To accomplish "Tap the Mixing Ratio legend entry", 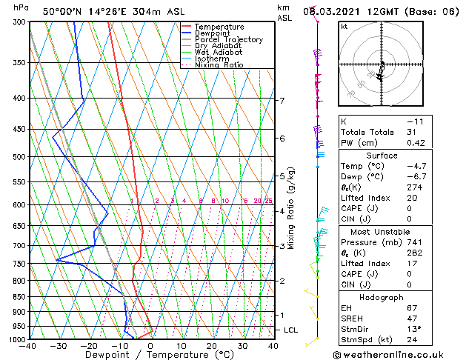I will point(219,65).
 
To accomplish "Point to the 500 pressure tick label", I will point(16,157).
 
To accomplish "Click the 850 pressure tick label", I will point(16,297).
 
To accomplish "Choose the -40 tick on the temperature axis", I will point(28,346).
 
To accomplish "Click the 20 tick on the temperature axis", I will point(212,346).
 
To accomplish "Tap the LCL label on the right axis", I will point(290,330).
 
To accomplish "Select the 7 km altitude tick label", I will point(282,100).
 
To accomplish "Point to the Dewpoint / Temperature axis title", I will point(150,355).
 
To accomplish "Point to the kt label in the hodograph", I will point(344,26).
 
